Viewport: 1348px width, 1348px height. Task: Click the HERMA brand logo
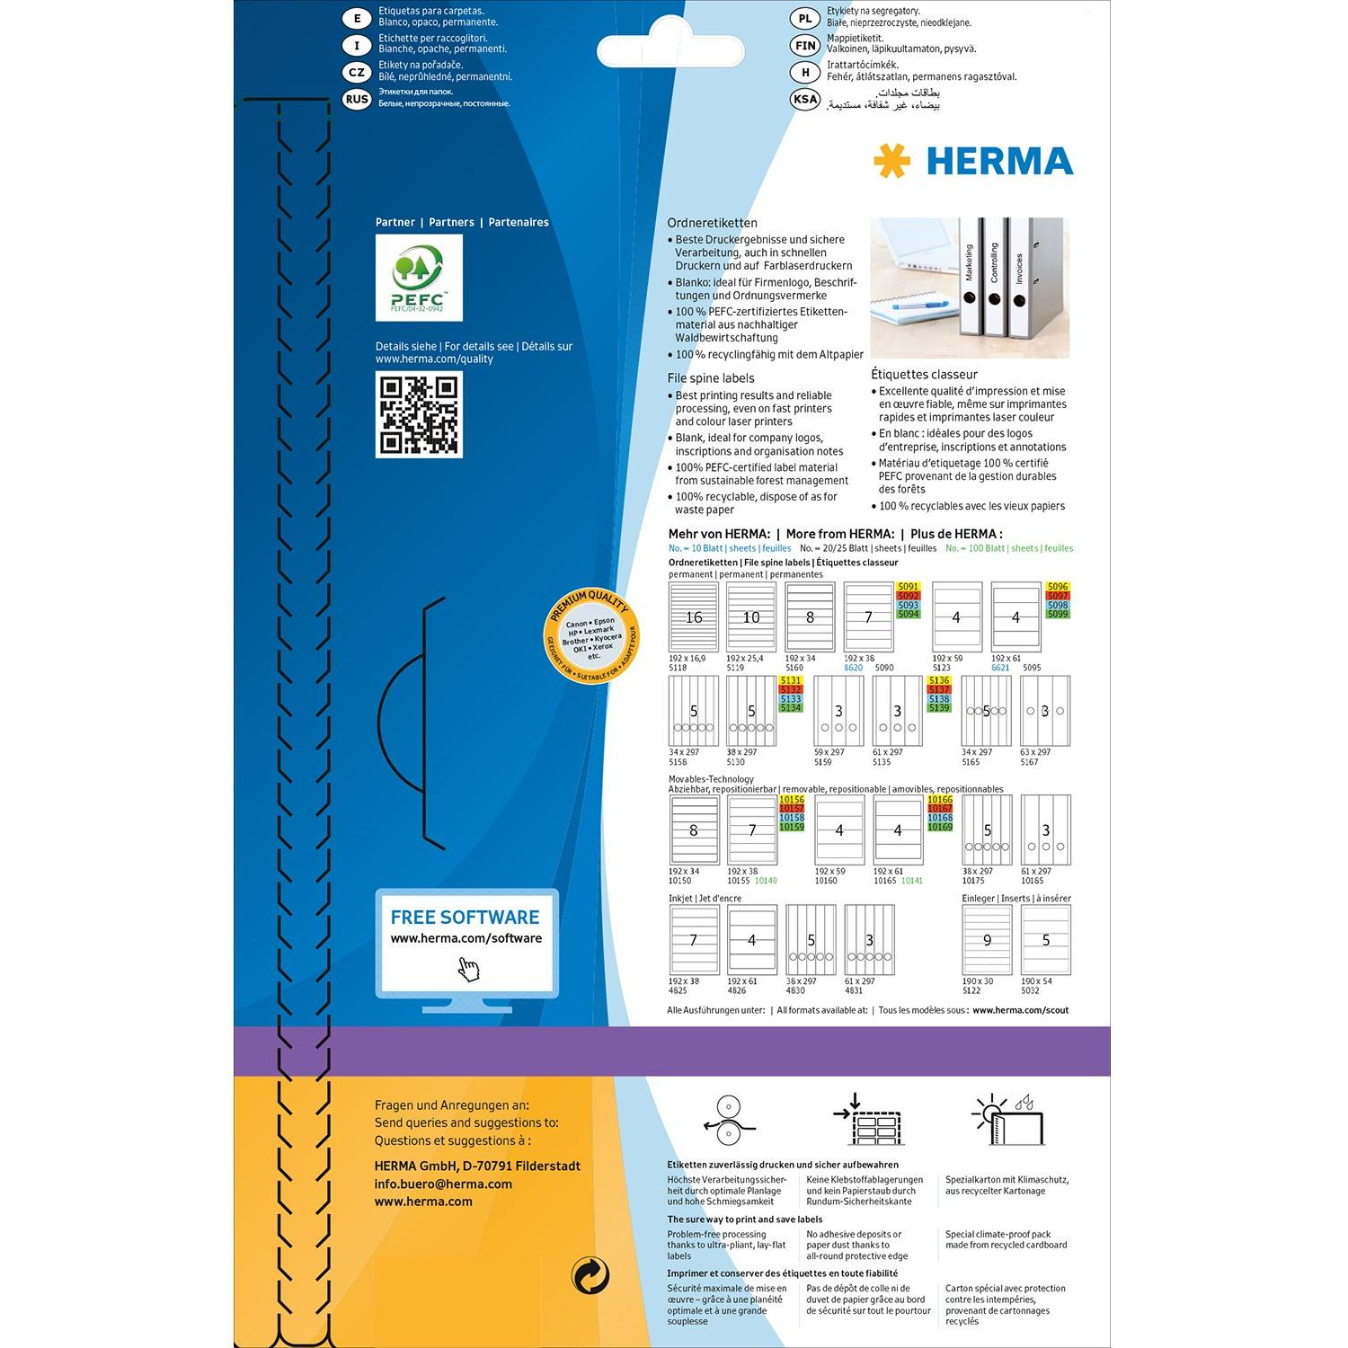point(973,162)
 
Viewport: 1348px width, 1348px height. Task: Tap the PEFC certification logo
point(419,278)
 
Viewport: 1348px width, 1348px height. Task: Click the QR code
point(419,414)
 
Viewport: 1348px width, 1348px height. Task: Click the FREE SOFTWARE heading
point(465,918)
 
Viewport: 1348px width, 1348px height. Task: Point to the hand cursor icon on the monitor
point(468,969)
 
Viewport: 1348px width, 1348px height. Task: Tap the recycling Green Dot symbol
point(590,1275)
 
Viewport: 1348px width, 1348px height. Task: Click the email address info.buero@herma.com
point(443,1184)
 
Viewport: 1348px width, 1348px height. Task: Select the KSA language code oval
point(805,99)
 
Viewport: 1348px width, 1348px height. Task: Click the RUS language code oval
point(357,99)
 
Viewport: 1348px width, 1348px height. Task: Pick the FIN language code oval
point(805,45)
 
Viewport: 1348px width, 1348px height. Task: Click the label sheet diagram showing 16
point(694,617)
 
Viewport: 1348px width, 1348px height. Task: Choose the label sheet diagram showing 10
point(751,617)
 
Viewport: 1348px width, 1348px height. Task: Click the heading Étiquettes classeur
point(924,375)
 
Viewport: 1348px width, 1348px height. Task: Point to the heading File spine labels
point(711,378)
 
